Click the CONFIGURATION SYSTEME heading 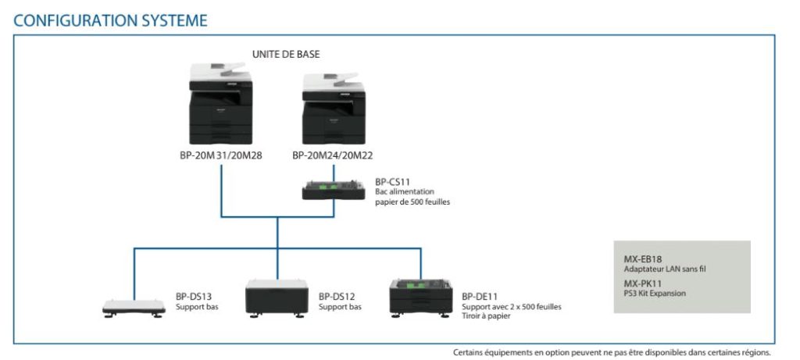[110, 20]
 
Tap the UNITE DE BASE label [286, 54]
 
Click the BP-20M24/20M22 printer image [334, 109]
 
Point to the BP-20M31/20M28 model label [220, 155]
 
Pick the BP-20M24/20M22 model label [333, 155]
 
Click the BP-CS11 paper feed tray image [335, 191]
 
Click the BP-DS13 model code [193, 297]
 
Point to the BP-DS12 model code [337, 297]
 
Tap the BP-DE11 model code [480, 297]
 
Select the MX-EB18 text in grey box [644, 259]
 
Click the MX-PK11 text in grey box [643, 284]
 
